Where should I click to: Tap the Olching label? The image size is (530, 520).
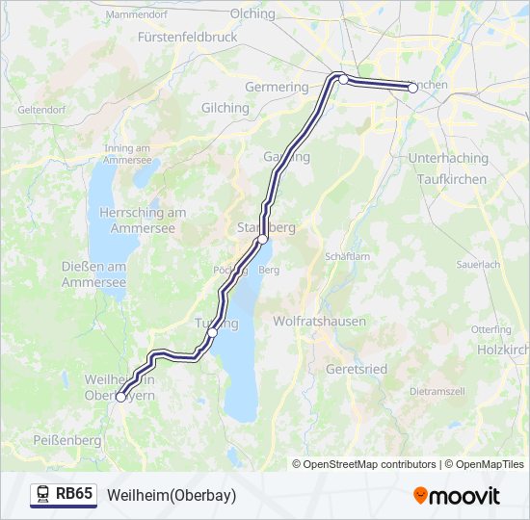(x=252, y=13)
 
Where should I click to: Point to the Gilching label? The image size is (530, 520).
(x=225, y=108)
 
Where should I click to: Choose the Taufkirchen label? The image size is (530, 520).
(x=452, y=179)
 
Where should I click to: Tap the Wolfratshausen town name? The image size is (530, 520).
(x=319, y=321)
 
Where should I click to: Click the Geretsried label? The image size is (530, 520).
(x=358, y=369)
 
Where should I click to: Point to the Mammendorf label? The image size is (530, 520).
(x=137, y=15)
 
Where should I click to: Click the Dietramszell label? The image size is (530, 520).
(x=438, y=392)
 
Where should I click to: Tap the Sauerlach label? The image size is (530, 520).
(x=478, y=264)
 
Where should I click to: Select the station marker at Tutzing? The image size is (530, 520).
(x=212, y=333)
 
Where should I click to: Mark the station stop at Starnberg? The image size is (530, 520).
(x=261, y=238)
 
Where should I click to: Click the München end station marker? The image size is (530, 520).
(x=412, y=88)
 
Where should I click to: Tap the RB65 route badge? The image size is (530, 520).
(x=64, y=495)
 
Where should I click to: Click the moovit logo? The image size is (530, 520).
(x=457, y=496)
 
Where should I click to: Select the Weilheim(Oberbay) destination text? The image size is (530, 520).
(x=172, y=495)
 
